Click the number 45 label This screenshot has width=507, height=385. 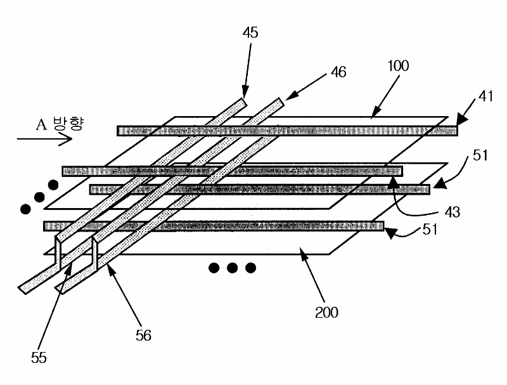pos(250,33)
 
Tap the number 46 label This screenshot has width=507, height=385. pos(338,72)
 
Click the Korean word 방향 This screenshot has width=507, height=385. pos(67,124)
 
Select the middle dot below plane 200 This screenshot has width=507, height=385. pos(232,268)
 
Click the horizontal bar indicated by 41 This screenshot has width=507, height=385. pos(285,131)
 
